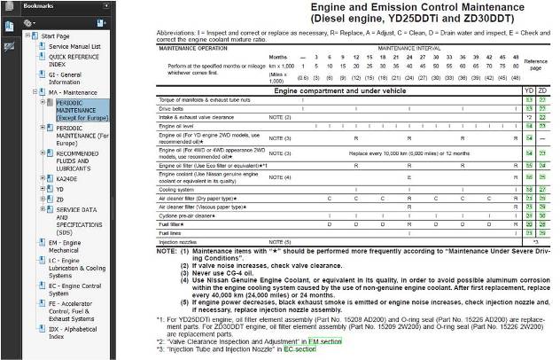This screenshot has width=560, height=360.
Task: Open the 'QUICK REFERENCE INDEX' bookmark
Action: [x=66, y=59]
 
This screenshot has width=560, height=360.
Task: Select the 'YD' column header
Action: [x=530, y=91]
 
